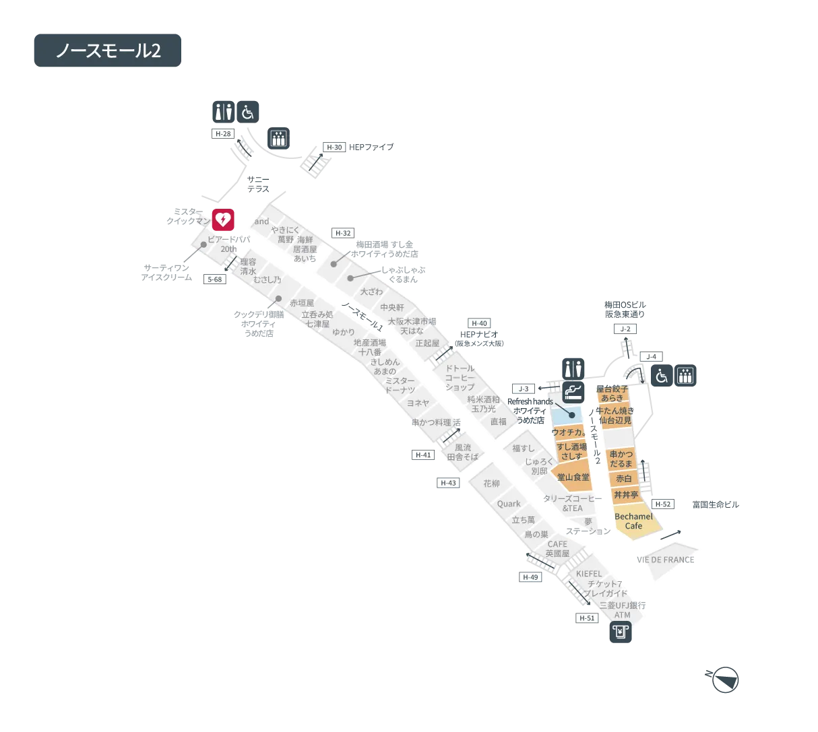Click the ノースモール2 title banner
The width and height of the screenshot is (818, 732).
point(108,51)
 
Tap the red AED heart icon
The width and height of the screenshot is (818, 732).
point(223,220)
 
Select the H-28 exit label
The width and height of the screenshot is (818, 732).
point(222,134)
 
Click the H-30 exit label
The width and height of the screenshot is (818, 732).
point(334,147)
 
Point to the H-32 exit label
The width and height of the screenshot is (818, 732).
point(343,234)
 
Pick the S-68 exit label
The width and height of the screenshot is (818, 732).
point(214,279)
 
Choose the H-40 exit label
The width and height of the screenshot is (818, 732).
point(479,323)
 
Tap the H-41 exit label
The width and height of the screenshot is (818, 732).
point(423,455)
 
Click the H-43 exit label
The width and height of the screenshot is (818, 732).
point(448,483)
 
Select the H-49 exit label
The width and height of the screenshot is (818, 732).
point(530,577)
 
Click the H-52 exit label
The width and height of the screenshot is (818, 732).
point(663,504)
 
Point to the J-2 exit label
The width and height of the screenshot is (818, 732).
point(626,329)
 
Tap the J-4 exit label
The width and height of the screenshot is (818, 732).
point(651,356)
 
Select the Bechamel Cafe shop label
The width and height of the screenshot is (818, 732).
point(633,521)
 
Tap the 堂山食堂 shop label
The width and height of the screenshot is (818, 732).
point(573,477)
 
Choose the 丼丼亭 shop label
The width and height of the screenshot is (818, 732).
point(625,495)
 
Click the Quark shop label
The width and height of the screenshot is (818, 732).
point(509,504)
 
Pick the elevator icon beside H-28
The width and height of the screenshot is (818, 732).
point(278,137)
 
